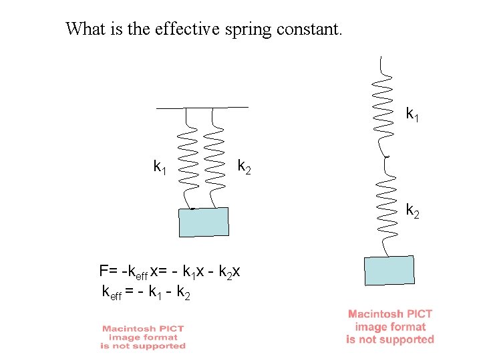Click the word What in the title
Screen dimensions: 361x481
click(84, 29)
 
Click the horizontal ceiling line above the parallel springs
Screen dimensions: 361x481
click(202, 107)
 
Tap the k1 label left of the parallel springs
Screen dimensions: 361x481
click(160, 166)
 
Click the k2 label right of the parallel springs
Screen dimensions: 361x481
click(245, 166)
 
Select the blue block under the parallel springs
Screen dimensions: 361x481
click(204, 222)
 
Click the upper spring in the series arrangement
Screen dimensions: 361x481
click(383, 104)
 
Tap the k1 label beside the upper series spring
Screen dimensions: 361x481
click(414, 114)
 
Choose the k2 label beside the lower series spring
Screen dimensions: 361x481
click(414, 211)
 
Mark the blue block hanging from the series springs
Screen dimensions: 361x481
click(390, 270)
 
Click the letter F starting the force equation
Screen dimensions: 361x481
click(104, 271)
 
